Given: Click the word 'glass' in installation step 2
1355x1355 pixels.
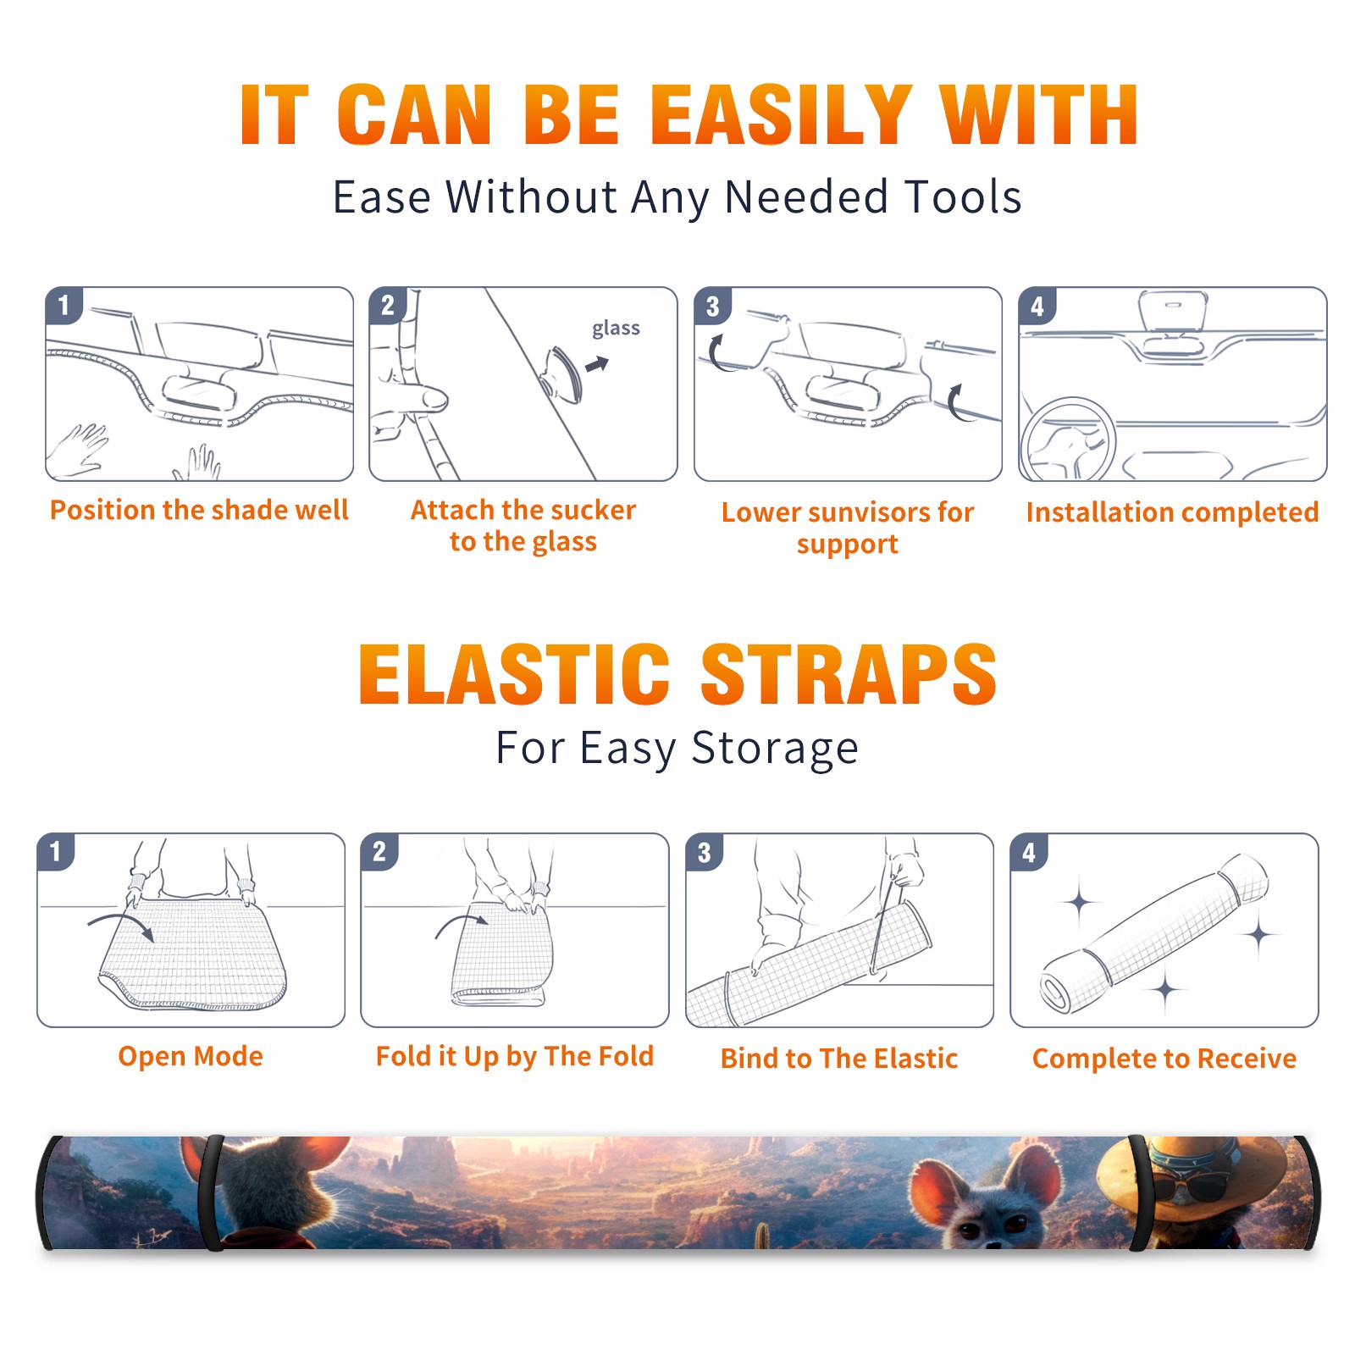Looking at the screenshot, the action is tap(616, 329).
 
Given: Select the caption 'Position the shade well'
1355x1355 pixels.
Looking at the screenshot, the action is tap(199, 510).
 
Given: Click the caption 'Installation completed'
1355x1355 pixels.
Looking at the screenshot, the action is tap(1172, 512).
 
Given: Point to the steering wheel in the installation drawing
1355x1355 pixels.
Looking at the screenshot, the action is tap(1068, 440).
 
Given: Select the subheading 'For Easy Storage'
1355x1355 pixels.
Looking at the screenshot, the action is tap(677, 749).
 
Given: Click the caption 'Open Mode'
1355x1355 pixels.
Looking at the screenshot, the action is tap(191, 1056).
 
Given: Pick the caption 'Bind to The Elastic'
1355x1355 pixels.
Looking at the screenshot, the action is tap(839, 1059).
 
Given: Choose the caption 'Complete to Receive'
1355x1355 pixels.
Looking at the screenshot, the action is tap(1164, 1059).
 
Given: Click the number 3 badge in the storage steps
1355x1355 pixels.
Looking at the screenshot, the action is tap(705, 853).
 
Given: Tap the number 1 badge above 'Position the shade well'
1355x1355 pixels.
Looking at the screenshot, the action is tap(64, 305).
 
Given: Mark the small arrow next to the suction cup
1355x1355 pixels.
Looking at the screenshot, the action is tap(598, 364).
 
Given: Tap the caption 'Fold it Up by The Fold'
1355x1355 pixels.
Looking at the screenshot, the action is tap(515, 1056).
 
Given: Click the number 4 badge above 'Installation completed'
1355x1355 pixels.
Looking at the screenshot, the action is tap(1037, 306).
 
